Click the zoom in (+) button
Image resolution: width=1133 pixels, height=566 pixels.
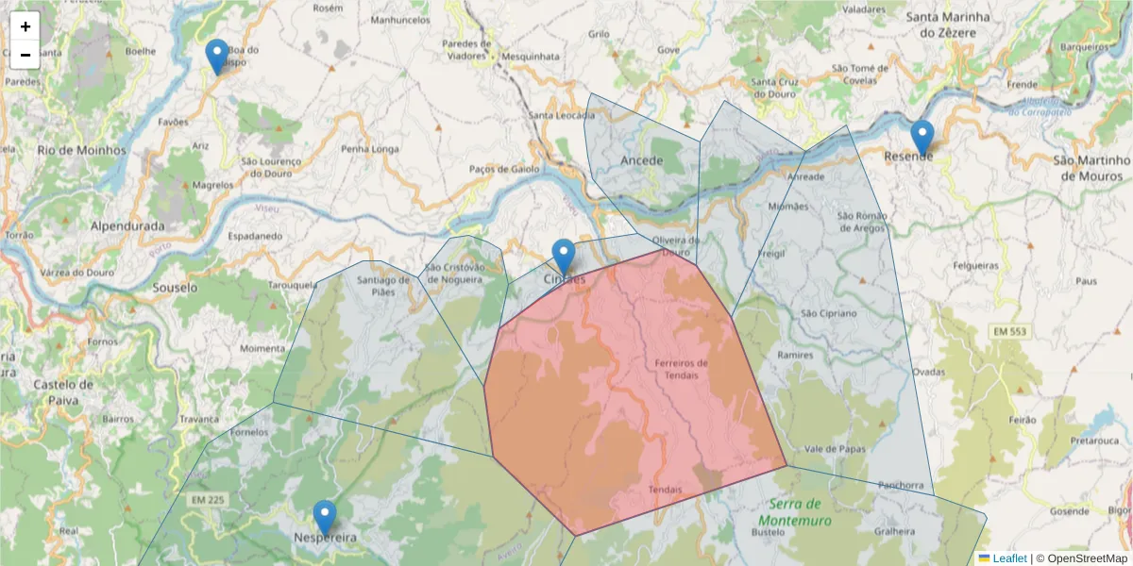pyautogui.click(x=25, y=26)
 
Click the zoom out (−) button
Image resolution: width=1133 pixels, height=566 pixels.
pyautogui.click(x=25, y=55)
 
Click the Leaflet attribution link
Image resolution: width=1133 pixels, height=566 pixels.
pyautogui.click(x=1009, y=558)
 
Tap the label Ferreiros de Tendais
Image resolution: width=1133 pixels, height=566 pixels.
pyautogui.click(x=681, y=369)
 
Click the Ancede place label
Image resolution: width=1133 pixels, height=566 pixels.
pyautogui.click(x=642, y=160)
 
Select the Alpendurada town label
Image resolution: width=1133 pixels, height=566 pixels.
pyautogui.click(x=127, y=226)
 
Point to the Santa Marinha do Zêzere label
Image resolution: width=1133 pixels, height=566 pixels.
pyautogui.click(x=948, y=25)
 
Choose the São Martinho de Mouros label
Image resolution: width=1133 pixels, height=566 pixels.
pyautogui.click(x=1091, y=167)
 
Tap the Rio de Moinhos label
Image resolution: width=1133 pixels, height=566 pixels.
pyautogui.click(x=82, y=150)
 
